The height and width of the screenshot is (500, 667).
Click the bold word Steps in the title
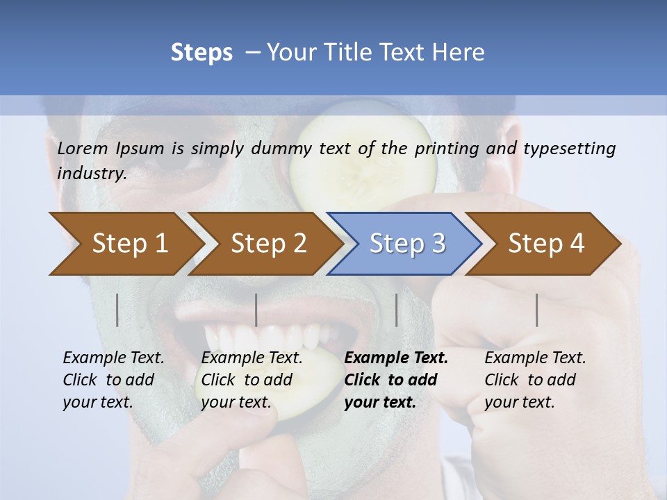pos(201,52)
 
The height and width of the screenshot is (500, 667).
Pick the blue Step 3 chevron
pos(406,244)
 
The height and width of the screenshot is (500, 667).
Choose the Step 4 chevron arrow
pos(545,244)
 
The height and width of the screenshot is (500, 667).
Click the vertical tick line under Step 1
pos(117,310)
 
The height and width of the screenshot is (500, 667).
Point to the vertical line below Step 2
pos(256,310)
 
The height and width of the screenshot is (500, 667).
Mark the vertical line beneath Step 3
pos(396,310)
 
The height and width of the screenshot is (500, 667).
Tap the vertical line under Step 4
pos(536,310)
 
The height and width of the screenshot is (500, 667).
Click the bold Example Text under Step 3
pos(396,380)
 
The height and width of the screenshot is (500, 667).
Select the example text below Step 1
pos(113,380)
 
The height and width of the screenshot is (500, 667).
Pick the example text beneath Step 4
pos(535,380)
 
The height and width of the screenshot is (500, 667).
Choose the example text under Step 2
pos(252,380)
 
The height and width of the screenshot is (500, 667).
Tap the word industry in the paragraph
pos(91,174)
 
